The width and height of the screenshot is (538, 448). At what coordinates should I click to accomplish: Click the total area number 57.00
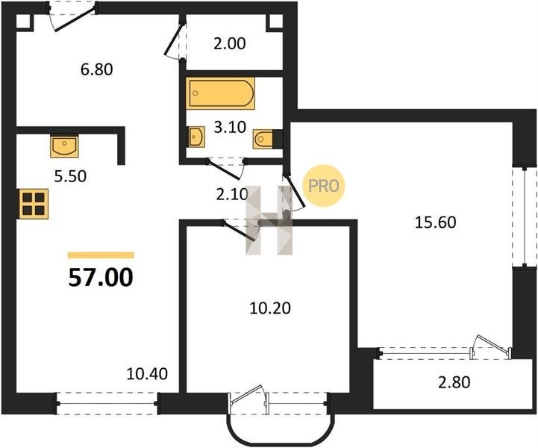pyautogui.click(x=101, y=277)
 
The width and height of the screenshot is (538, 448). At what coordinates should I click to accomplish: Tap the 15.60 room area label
pyautogui.click(x=436, y=223)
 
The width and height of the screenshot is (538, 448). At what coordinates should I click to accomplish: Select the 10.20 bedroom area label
pyautogui.click(x=270, y=308)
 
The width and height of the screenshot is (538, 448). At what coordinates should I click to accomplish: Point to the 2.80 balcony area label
pyautogui.click(x=454, y=382)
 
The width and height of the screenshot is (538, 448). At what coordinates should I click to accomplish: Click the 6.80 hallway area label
pyautogui.click(x=97, y=69)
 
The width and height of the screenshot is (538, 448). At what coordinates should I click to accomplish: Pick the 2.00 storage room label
pyautogui.click(x=230, y=44)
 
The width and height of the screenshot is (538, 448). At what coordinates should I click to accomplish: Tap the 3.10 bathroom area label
pyautogui.click(x=230, y=128)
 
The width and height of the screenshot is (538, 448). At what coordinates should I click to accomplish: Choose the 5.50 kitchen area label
pyautogui.click(x=70, y=176)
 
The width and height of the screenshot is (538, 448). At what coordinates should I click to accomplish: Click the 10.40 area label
pyautogui.click(x=147, y=374)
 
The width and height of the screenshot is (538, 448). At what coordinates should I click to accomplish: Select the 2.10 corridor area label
pyautogui.click(x=232, y=195)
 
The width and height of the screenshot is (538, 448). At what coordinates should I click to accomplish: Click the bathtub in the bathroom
pyautogui.click(x=221, y=93)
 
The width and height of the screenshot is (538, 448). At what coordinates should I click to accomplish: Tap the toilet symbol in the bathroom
pyautogui.click(x=263, y=139)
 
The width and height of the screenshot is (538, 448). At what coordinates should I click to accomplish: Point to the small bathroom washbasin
pyautogui.click(x=196, y=137)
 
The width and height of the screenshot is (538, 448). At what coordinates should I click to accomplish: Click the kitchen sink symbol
pyautogui.click(x=64, y=146)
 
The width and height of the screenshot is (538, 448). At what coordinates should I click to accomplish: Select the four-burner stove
pyautogui.click(x=34, y=204)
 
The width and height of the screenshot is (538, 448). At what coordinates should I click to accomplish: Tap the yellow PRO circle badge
pyautogui.click(x=324, y=186)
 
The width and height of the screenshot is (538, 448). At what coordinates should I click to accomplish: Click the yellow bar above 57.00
pyautogui.click(x=101, y=255)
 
